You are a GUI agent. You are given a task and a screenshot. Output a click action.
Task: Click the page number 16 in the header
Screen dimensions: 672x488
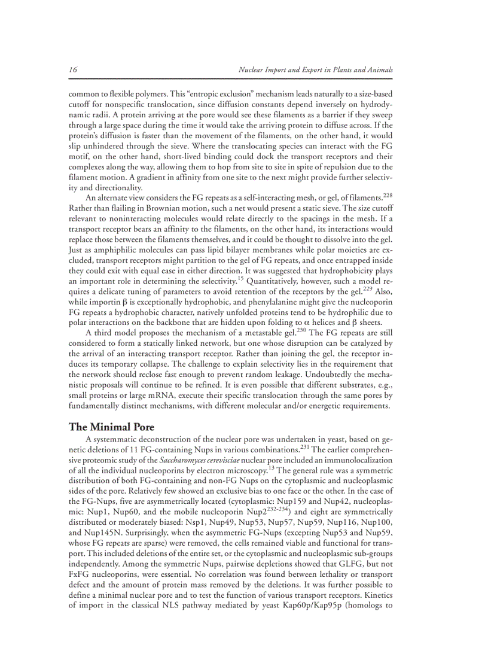click(73, 70)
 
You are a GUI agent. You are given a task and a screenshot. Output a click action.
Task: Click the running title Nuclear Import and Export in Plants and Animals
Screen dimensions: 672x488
click(315, 70)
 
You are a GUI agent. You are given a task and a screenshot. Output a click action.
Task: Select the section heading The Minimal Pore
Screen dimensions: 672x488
click(111, 427)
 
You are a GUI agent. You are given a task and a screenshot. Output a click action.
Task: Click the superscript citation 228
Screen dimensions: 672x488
click(388, 195)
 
